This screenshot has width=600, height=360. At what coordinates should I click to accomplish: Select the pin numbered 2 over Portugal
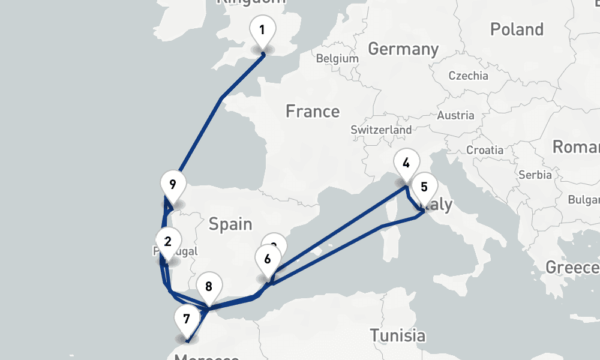coord(167,242)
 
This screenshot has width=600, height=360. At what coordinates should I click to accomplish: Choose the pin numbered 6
coord(267,260)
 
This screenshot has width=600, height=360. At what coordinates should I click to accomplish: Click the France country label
coord(312,112)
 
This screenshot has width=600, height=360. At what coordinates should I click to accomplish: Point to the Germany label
coord(403,49)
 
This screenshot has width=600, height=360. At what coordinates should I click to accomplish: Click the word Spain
coord(230,224)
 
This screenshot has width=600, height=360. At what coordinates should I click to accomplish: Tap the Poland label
coord(517,29)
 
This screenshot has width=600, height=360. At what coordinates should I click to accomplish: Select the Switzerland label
coord(381,130)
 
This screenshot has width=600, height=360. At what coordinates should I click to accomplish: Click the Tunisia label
coord(397,335)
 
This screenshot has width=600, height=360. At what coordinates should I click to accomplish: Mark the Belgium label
coord(337,59)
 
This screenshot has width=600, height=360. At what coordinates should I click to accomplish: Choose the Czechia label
coord(468,76)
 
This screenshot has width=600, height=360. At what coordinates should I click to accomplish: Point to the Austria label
coord(456,116)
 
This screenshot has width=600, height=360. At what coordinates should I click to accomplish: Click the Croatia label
coord(485,149)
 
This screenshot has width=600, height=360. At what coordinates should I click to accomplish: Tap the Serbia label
coord(535,175)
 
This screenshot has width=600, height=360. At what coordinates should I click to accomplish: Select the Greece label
coord(572,267)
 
